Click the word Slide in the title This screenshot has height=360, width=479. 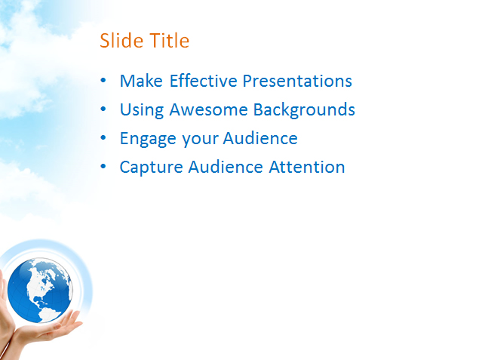[x=121, y=40]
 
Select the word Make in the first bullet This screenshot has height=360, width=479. [x=141, y=81]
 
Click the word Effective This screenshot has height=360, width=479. [x=203, y=81]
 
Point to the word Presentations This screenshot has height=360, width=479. [x=297, y=81]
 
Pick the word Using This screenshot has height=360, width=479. [x=142, y=109]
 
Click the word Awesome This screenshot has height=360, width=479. [x=208, y=109]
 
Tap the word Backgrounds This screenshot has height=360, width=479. [x=304, y=109]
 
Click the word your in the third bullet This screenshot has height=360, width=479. [x=200, y=139]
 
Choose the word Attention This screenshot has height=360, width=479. [x=307, y=167]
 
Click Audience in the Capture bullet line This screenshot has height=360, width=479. [x=226, y=167]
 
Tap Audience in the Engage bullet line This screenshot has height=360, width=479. [x=260, y=138]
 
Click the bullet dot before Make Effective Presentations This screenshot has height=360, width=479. [x=103, y=80]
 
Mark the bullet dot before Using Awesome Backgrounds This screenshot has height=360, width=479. [x=103, y=109]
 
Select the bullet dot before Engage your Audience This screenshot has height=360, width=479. [x=103, y=138]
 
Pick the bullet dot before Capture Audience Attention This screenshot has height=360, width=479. [x=103, y=167]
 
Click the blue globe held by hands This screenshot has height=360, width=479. [x=40, y=291]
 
